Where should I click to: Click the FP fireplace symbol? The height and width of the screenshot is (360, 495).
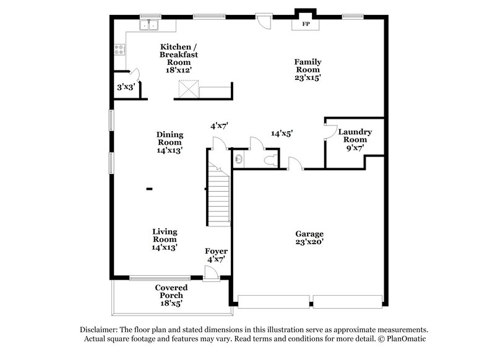(305, 25)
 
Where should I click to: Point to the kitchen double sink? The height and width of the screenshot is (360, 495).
(148, 26)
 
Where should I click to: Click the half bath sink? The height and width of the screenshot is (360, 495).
(239, 160)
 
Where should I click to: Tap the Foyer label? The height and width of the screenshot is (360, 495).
(216, 255)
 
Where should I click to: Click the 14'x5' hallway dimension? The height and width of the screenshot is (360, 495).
(282, 133)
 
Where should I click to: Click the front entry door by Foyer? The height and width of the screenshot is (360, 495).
(211, 273)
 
